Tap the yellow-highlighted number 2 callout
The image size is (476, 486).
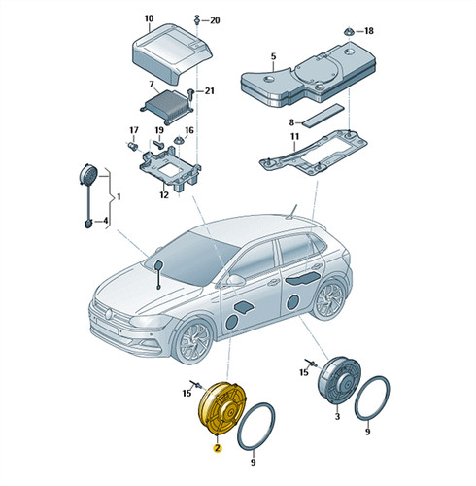coord(217,448)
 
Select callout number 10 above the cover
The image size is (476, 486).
coord(149,18)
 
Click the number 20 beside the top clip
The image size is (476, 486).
coord(215,20)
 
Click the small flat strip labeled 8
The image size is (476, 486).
coord(323,114)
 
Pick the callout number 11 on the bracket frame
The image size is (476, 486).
coord(294,136)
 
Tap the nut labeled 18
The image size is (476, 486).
coord(349,32)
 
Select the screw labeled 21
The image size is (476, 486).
coord(191,93)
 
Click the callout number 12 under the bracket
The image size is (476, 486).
coord(164,195)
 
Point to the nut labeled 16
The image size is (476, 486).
coord(179,141)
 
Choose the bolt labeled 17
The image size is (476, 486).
coord(132,146)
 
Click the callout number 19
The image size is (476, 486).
coord(159,130)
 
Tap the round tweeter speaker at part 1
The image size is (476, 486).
coord(87,175)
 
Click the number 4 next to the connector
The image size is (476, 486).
coord(105,221)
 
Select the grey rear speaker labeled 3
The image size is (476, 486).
coord(339,381)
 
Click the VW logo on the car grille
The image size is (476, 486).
coord(109,313)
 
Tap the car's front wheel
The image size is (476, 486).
coord(193,341)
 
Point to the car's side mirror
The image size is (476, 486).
coord(235,280)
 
